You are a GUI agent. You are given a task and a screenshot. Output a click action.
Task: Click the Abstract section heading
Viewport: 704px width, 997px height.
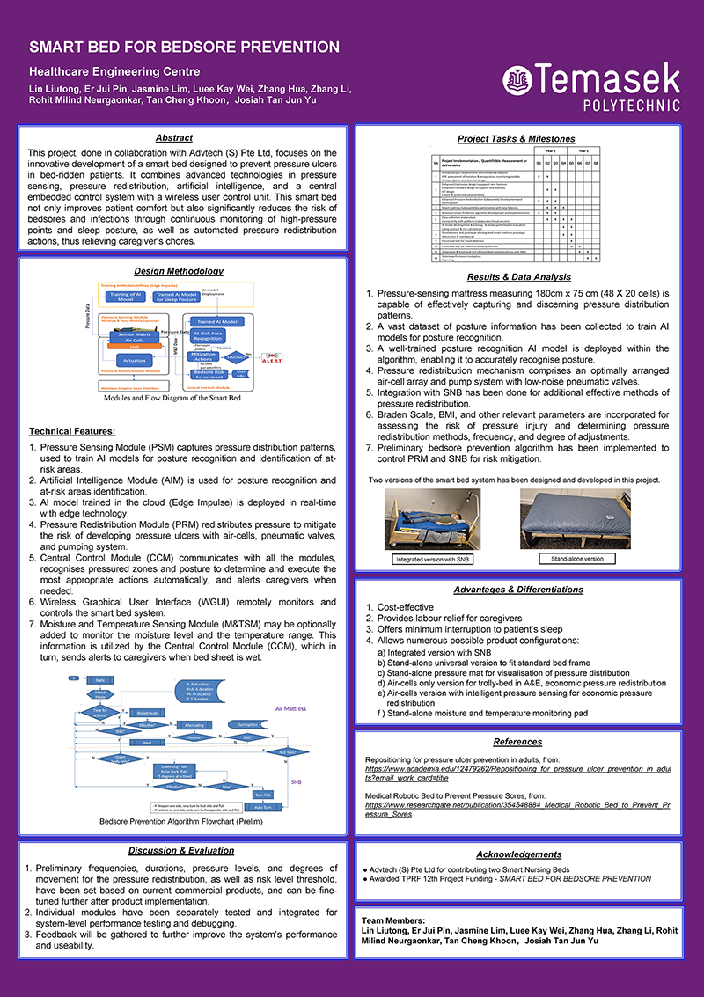pos(173,138)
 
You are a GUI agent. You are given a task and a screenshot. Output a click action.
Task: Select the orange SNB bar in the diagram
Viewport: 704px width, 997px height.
pos(135,347)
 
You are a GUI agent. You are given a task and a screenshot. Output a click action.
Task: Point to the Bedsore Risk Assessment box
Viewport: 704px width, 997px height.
pos(215,376)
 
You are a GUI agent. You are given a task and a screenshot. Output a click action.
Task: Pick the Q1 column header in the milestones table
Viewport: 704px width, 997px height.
pos(538,163)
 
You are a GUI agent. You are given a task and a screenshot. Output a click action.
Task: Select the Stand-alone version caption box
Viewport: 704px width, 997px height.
pos(577,559)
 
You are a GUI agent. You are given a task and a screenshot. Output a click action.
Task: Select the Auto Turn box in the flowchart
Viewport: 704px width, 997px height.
pos(262,806)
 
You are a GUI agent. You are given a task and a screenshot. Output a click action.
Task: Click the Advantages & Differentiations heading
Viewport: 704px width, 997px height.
pos(517,590)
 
